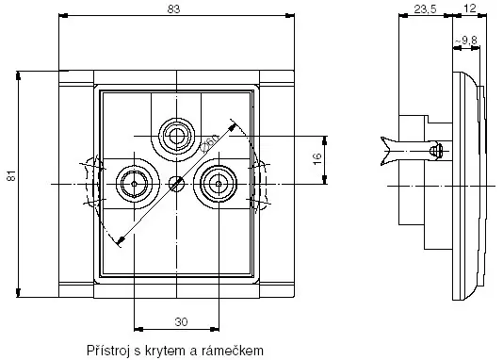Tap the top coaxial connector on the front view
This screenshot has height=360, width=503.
click(175, 137)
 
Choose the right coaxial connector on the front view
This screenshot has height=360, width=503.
click(218, 181)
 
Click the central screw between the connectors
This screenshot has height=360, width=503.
click(175, 183)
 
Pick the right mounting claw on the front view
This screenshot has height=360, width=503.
click(261, 182)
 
